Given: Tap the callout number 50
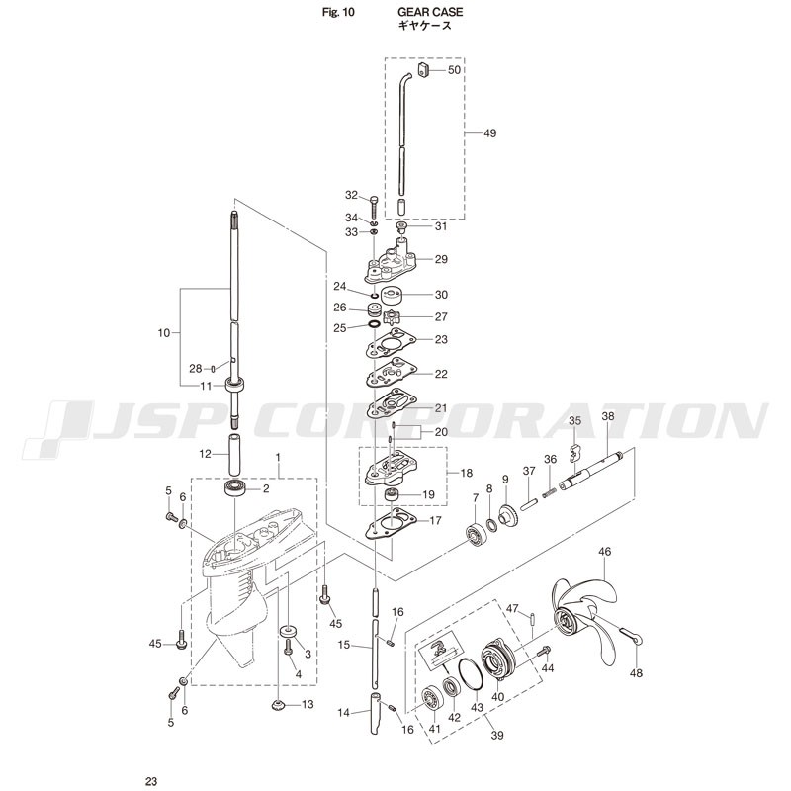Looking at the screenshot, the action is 455,70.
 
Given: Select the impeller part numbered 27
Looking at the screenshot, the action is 392,317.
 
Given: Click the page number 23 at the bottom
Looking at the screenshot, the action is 151,781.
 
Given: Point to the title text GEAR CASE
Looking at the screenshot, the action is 430,12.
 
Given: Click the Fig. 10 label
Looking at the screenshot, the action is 338,12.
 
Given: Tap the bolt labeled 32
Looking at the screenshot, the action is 374,207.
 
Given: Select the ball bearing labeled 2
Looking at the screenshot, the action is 235,487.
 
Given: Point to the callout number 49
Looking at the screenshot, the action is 489,133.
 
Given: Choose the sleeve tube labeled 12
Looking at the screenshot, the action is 235,454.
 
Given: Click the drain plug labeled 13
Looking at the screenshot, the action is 277,705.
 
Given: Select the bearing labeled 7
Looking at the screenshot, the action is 476,537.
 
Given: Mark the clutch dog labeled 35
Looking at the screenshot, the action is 573,453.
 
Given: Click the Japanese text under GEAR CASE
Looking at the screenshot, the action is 425,26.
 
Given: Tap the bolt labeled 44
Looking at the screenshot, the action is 543,652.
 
